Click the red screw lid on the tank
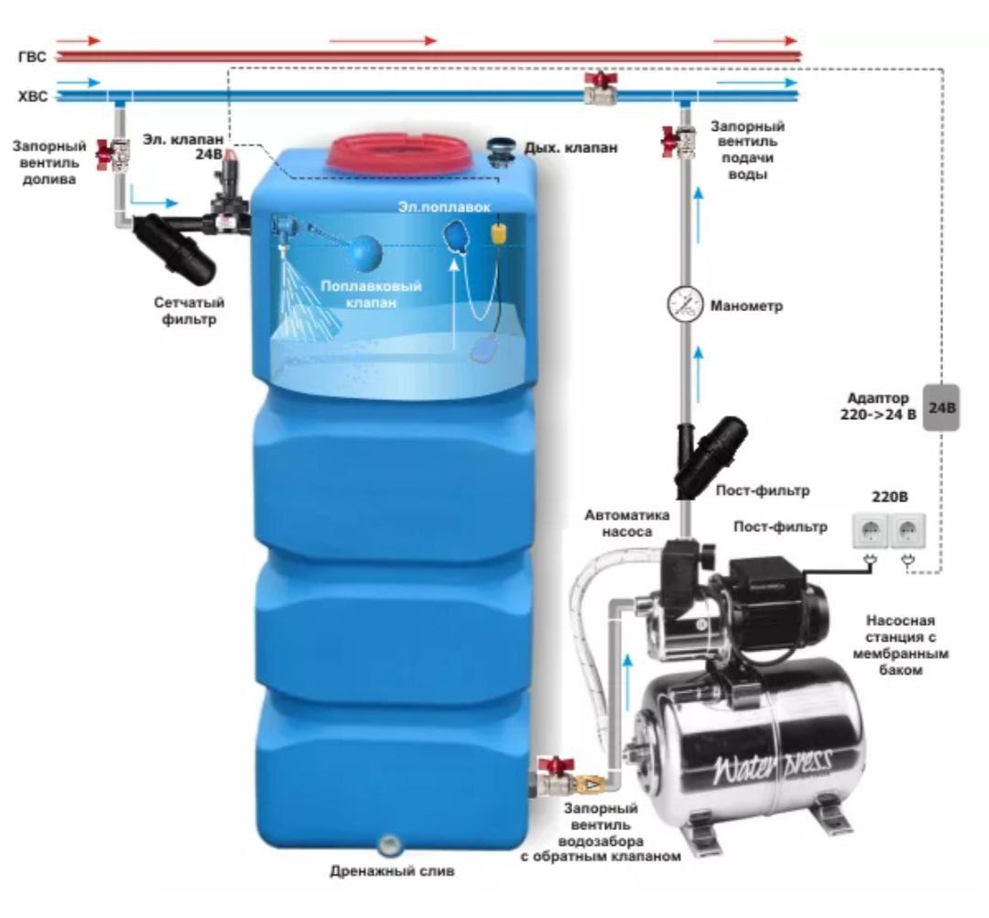(400, 152)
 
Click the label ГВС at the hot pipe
(31, 57)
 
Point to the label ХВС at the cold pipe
(32, 95)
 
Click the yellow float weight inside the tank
(500, 232)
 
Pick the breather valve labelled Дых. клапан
(501, 149)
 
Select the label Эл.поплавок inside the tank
(437, 207)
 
